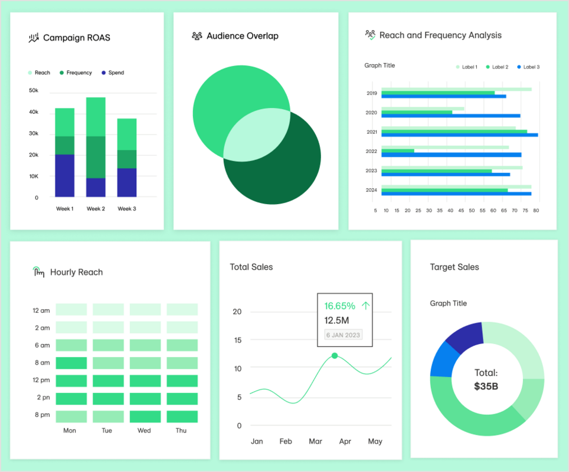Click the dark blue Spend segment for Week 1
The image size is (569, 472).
coord(64,175)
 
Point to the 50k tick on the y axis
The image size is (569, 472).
coord(34,90)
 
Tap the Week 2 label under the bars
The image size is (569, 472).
coord(96,209)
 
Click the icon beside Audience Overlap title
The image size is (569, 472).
coord(197,36)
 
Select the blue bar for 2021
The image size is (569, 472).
coord(460,135)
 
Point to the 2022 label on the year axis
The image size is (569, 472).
coord(371,152)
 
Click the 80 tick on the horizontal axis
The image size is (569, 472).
coord(536,210)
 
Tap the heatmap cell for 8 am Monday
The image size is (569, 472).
coord(71,363)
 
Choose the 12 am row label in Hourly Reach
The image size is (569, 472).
coord(41,310)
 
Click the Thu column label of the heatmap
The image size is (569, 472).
coord(181,431)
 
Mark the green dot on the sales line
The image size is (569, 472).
coord(335,356)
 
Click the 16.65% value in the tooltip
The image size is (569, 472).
coord(340,306)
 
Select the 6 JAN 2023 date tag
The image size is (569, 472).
coord(344,335)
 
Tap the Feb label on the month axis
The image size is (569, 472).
coord(286,441)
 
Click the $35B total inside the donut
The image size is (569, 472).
coord(486,387)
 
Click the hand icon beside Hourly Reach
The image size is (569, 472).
coord(38,272)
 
